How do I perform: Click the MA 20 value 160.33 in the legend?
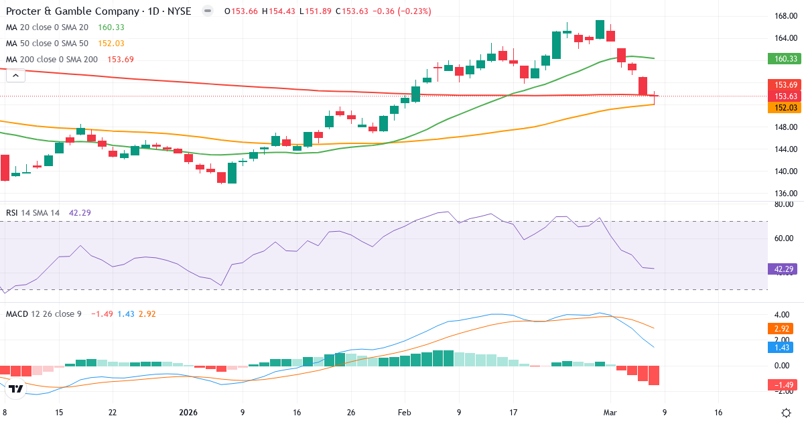[111, 27]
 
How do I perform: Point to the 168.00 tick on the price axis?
[785, 16]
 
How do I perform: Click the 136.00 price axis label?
[785, 194]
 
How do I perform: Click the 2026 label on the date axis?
[188, 413]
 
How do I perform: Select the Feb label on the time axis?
[404, 413]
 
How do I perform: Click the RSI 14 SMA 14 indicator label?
[33, 213]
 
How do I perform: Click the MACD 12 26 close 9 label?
[44, 313]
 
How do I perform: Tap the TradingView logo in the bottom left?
[16, 388]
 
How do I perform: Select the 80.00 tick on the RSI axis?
[785, 205]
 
